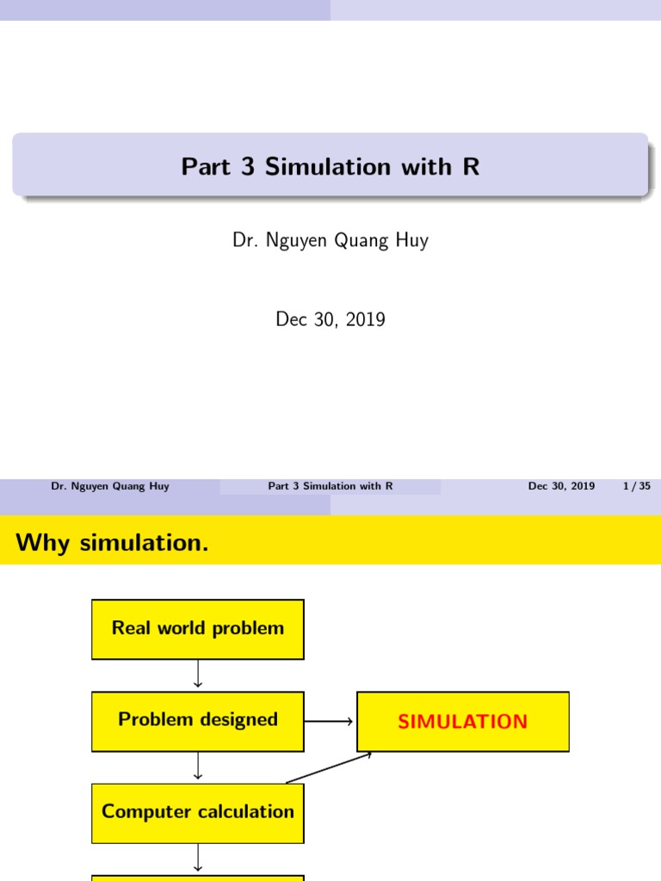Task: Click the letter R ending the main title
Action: (471, 167)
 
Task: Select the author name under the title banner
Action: (330, 240)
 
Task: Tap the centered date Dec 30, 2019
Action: (330, 319)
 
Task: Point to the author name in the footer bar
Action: (110, 486)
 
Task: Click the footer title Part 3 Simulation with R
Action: (330, 486)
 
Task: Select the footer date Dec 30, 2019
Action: (561, 486)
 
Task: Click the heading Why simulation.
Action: (113, 543)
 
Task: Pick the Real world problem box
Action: (198, 629)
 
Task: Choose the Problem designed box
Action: (198, 720)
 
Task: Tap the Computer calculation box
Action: (198, 812)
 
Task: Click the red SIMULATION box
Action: (463, 722)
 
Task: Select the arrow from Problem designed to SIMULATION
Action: (330, 721)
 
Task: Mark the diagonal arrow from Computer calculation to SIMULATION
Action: (329, 767)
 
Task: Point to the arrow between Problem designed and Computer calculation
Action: (198, 766)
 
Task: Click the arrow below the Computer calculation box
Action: (198, 858)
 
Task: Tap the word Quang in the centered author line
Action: (351, 240)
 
